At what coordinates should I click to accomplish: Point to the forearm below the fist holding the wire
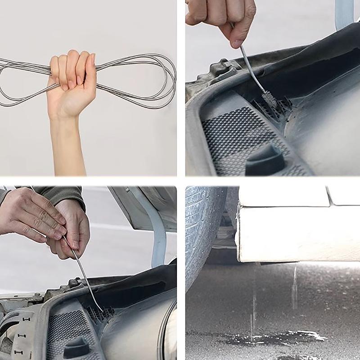pos(67,144)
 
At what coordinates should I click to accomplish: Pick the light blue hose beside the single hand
pos(344,13)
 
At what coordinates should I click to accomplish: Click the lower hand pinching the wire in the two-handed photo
pos(74,234)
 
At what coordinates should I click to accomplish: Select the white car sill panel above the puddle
pos(297,234)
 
